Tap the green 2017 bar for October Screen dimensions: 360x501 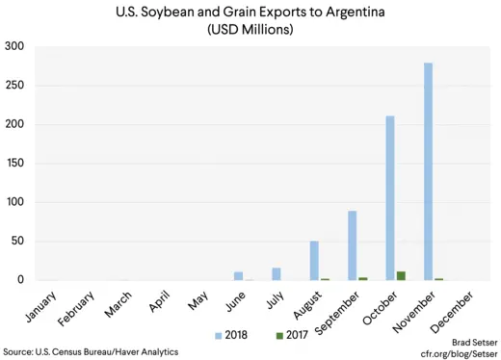coord(400,275)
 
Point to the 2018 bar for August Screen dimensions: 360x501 coord(314,261)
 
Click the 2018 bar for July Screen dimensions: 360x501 coord(277,273)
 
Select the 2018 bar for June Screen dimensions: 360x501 coord(239,275)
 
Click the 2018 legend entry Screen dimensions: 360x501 coord(230,334)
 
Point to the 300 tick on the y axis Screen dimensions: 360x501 coord(14,46)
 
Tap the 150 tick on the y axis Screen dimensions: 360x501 coord(14,163)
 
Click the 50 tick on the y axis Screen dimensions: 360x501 coord(18,241)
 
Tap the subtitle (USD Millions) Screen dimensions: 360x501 coord(250,29)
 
